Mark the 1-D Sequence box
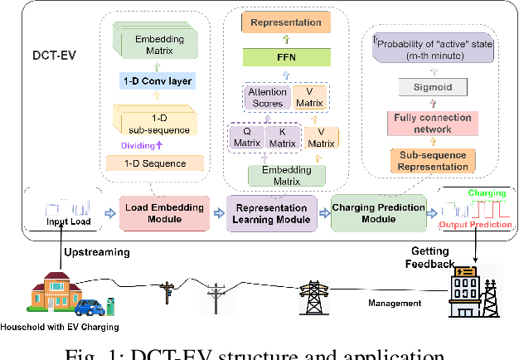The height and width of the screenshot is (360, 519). pyautogui.click(x=154, y=163)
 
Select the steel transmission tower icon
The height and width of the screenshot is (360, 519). pyautogui.click(x=313, y=296)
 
